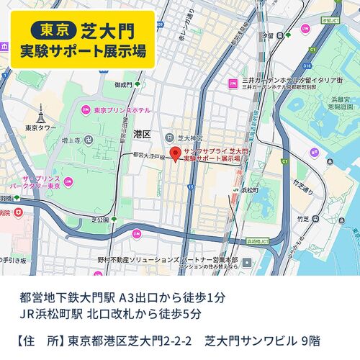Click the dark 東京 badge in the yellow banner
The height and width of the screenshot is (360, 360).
(55, 30)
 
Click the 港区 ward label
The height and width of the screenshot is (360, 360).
(142, 134)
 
